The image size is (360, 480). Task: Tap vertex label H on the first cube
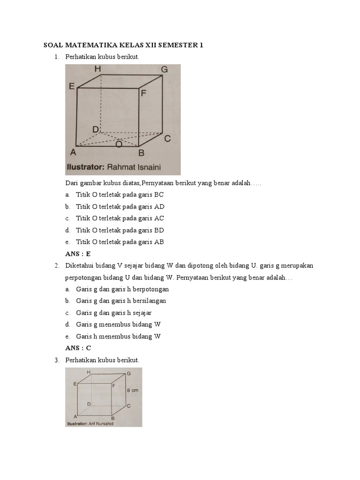point(97,69)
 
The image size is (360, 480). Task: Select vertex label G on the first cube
point(164,70)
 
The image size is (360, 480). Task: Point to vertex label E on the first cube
point(72,86)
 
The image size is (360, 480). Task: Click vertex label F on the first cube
point(143,93)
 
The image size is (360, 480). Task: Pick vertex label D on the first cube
point(95,129)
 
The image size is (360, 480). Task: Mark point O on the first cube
point(119,144)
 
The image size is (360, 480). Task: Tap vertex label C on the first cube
point(167,138)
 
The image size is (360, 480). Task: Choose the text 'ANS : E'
point(78,254)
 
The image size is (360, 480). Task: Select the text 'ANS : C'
point(78,348)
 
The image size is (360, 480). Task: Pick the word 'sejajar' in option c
point(142,313)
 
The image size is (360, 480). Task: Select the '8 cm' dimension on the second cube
point(132,390)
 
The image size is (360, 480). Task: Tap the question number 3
point(56,360)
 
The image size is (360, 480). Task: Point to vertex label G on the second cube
point(128,374)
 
